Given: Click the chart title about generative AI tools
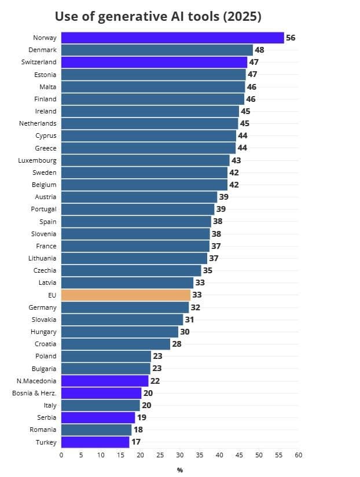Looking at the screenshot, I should click(158, 16).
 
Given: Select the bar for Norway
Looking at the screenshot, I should click(172, 38).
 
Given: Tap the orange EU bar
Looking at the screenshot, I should click(126, 295).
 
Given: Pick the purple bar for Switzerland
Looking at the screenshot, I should click(154, 62).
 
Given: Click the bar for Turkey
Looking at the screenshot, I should click(95, 442).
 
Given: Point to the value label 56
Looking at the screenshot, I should click(291, 38).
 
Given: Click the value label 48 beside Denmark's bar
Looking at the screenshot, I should click(260, 50).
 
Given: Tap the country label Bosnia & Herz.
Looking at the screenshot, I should click(34, 393).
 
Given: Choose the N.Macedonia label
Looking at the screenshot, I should click(36, 381).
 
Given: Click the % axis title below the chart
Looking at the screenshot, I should click(180, 470).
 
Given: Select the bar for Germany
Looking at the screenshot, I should click(125, 307).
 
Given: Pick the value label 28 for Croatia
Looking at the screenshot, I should click(177, 344).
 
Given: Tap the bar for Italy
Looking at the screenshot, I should click(101, 405).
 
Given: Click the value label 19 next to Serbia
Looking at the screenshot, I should click(142, 417).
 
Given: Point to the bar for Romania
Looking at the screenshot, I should click(97, 430).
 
